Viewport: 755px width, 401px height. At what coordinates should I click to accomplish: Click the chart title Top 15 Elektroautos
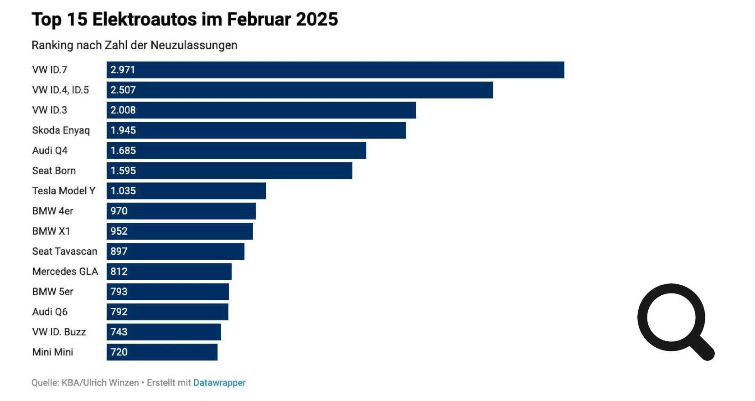(x=185, y=20)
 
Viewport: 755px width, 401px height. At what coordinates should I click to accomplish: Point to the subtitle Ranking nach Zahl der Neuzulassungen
(x=134, y=45)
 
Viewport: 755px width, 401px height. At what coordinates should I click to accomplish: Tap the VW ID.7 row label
(x=50, y=70)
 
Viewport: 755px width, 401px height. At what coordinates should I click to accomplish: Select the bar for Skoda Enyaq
(x=256, y=130)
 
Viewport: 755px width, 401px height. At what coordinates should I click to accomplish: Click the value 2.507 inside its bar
(x=123, y=90)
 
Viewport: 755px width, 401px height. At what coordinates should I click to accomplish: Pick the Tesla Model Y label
(x=64, y=190)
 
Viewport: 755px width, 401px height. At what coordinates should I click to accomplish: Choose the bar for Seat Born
(x=229, y=170)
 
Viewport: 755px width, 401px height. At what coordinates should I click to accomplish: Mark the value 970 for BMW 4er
(x=119, y=211)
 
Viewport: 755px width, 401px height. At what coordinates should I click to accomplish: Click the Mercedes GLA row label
(x=65, y=272)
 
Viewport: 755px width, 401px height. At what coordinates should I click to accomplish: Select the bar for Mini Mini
(x=162, y=352)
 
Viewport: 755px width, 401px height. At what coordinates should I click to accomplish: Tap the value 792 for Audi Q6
(x=119, y=312)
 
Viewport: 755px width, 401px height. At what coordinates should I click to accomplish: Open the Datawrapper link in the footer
(x=219, y=383)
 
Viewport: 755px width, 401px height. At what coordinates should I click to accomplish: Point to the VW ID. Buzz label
(x=59, y=332)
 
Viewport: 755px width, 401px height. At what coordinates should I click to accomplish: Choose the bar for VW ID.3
(x=261, y=110)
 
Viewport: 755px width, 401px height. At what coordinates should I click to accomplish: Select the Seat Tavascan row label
(x=65, y=251)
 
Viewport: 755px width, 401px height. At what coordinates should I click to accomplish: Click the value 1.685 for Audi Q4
(x=123, y=150)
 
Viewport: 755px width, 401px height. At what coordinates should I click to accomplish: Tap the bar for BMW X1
(x=180, y=231)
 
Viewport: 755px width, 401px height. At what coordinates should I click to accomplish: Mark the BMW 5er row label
(x=53, y=292)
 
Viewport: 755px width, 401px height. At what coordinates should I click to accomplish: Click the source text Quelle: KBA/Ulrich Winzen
(x=85, y=383)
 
